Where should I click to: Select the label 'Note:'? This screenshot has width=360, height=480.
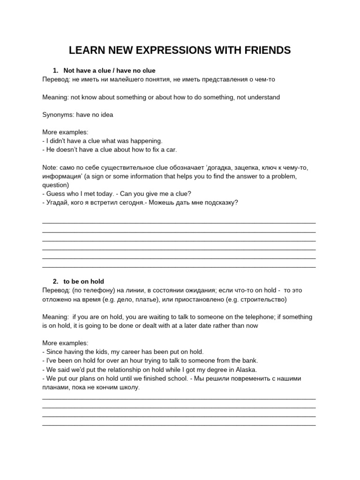tap(50, 167)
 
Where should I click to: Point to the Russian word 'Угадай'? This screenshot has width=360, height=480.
tap(58, 202)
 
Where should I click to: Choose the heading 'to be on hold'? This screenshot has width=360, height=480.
tap(84, 281)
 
